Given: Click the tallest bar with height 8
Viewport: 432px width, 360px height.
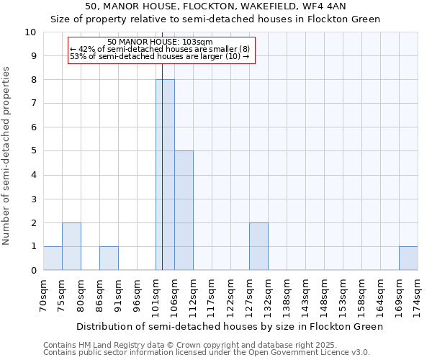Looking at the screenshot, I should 165,175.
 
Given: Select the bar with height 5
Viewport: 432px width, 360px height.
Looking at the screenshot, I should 184,210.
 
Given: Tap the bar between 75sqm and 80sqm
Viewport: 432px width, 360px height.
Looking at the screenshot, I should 71,246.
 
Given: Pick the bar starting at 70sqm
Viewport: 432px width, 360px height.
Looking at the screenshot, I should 53,258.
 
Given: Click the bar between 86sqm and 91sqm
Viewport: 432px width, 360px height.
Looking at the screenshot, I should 109,258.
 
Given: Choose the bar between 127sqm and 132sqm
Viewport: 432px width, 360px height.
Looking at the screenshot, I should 258,246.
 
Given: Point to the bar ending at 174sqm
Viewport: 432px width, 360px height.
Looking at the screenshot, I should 408,258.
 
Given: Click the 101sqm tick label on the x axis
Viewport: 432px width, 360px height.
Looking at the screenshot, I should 156,295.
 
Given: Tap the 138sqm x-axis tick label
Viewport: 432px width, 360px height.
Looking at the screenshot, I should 287,295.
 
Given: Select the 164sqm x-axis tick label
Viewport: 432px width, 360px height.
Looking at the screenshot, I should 381,295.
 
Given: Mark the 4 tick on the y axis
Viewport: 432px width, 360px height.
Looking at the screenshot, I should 32,175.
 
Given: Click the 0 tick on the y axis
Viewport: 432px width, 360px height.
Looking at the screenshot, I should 32,270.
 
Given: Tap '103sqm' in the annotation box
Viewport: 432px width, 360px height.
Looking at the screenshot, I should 199,42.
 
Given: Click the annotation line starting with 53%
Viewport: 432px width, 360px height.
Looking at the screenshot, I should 160,56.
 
